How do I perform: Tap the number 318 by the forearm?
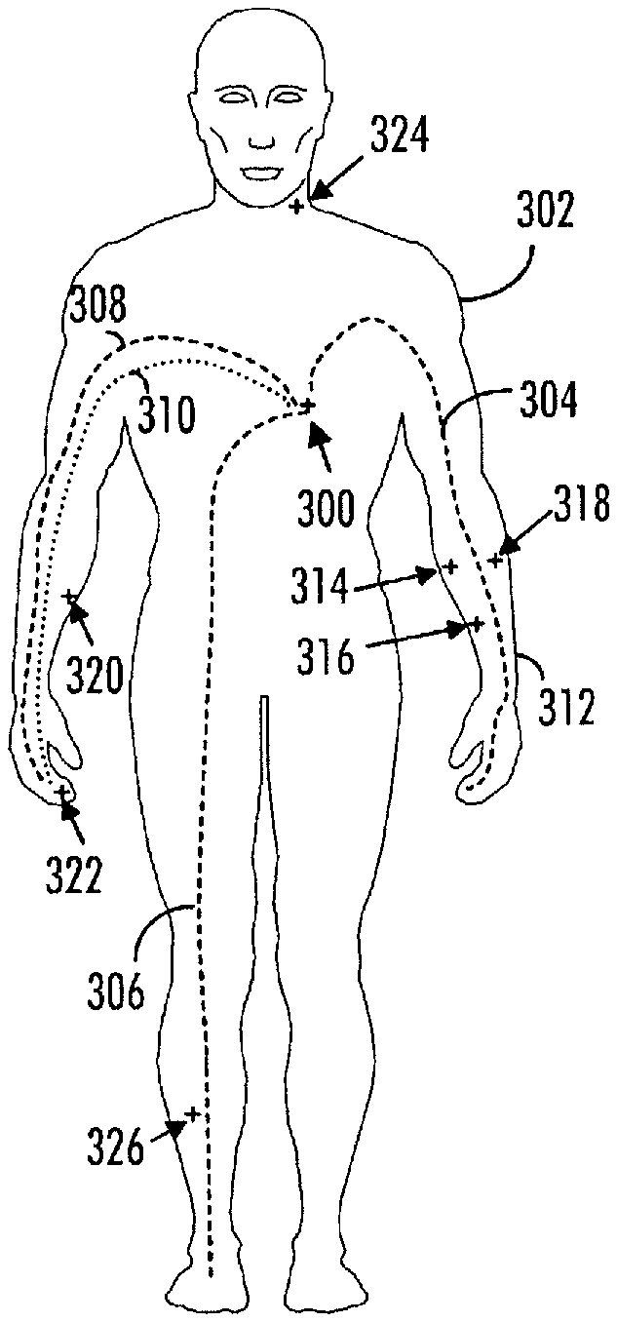click(582, 506)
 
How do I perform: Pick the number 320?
click(95, 672)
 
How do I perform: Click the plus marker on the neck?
click(297, 206)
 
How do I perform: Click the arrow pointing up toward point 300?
click(318, 437)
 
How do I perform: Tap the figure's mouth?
click(261, 174)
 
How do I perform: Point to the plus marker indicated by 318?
click(495, 561)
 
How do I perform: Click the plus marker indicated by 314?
click(449, 565)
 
